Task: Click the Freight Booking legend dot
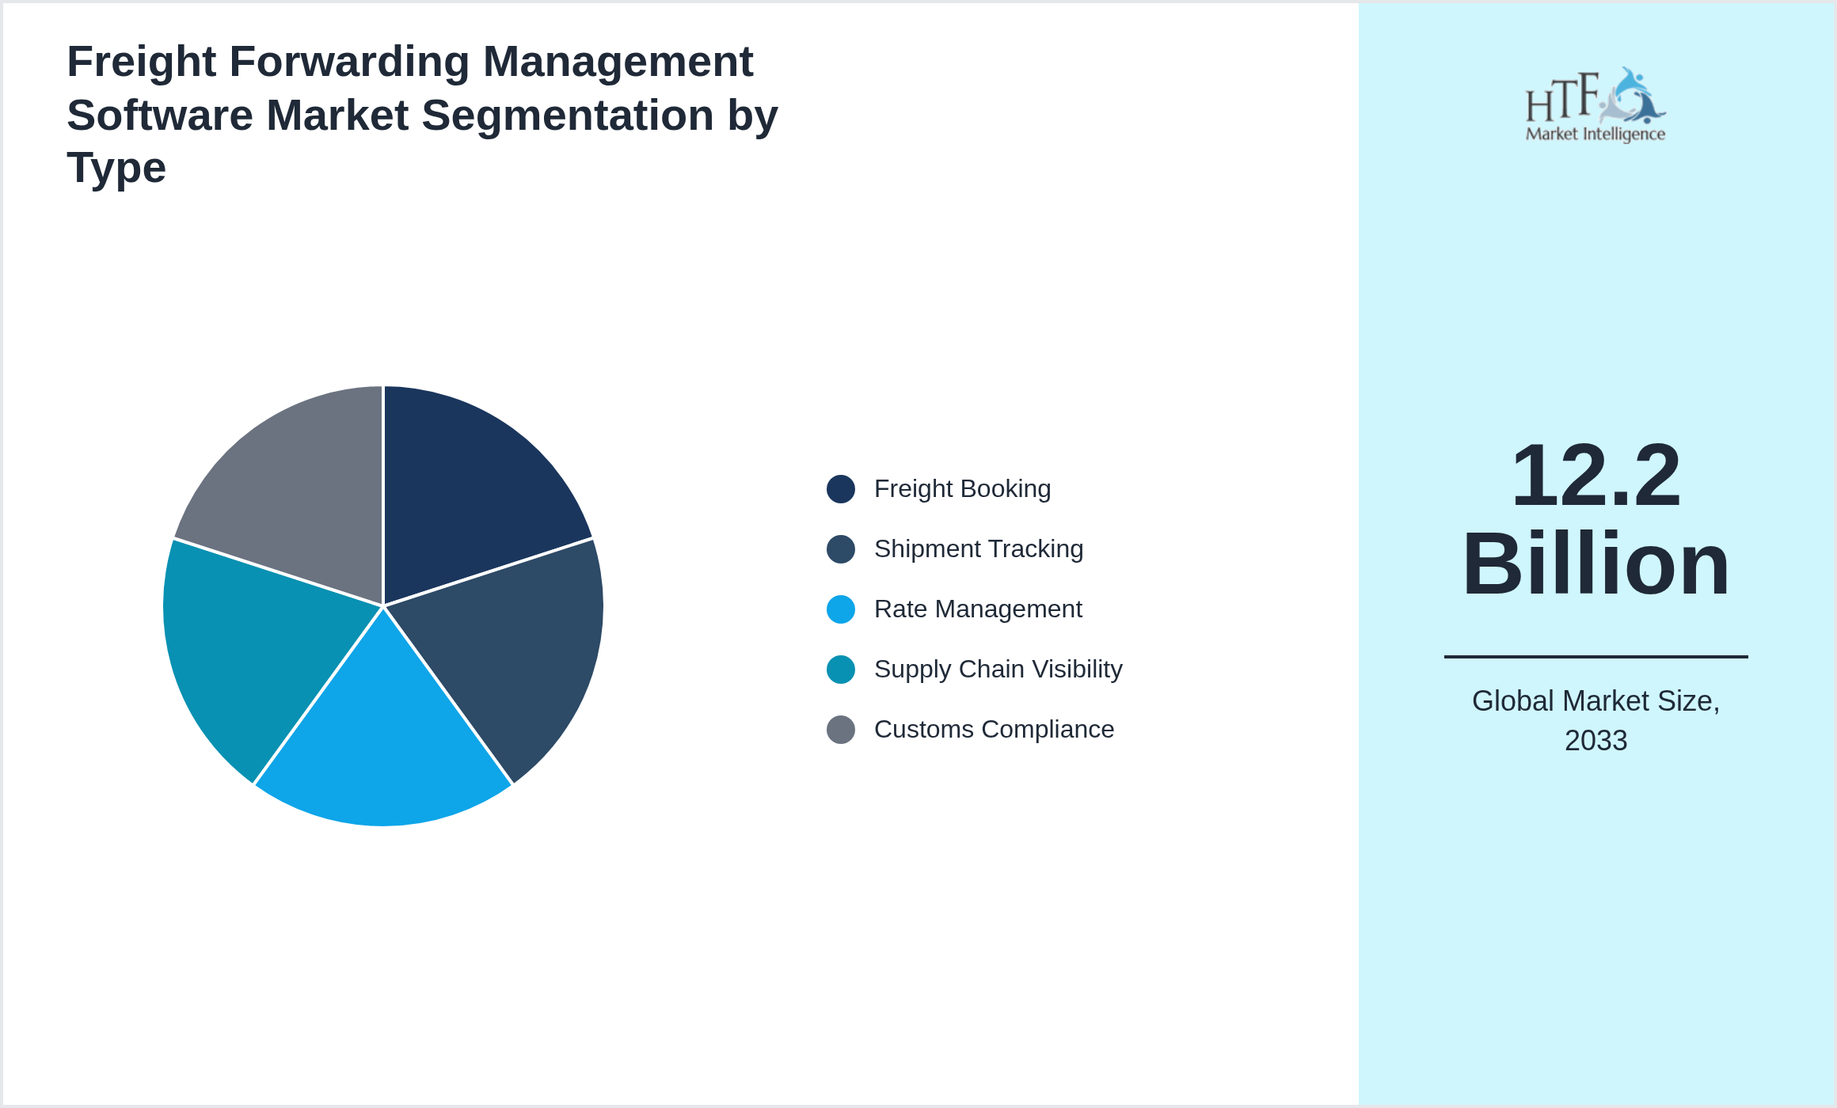click(840, 489)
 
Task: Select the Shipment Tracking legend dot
click(840, 549)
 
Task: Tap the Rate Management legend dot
click(840, 609)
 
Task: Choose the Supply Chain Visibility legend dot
click(840, 670)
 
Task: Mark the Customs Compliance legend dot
click(840, 730)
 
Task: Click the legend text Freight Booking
click(962, 489)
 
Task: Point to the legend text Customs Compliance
click(994, 730)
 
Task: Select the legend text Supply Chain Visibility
click(998, 670)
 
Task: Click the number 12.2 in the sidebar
click(1595, 476)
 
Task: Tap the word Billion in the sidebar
click(1595, 564)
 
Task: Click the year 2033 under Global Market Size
click(1595, 741)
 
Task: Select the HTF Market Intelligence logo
click(1595, 105)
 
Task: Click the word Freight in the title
click(141, 62)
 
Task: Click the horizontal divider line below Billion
click(1595, 656)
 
